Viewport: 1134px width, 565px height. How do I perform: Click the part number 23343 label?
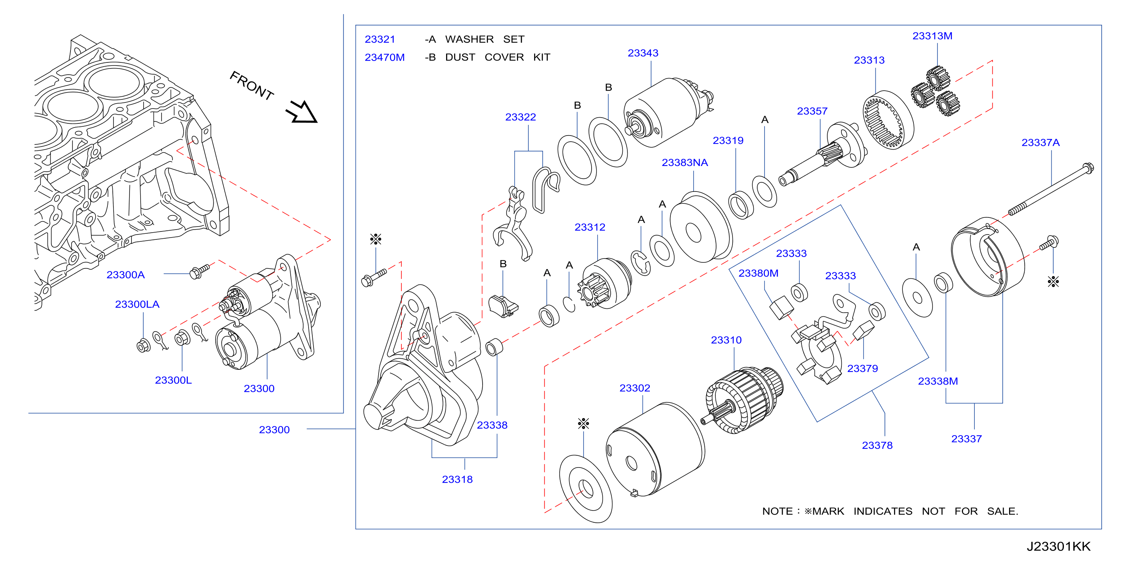pyautogui.click(x=643, y=53)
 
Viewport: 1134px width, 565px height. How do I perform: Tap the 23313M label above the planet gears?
pyautogui.click(x=932, y=36)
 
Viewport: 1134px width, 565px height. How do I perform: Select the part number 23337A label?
pyautogui.click(x=1040, y=142)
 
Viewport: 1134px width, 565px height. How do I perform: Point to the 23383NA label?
pyautogui.click(x=685, y=163)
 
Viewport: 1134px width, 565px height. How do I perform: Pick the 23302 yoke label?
pyautogui.click(x=634, y=388)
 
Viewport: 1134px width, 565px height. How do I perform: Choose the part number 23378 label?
pyautogui.click(x=877, y=446)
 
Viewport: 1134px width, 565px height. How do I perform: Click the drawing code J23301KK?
pyautogui.click(x=1058, y=546)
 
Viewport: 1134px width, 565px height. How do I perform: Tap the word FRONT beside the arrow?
pyautogui.click(x=251, y=85)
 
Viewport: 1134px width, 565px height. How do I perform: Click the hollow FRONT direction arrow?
pyautogui.click(x=302, y=112)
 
